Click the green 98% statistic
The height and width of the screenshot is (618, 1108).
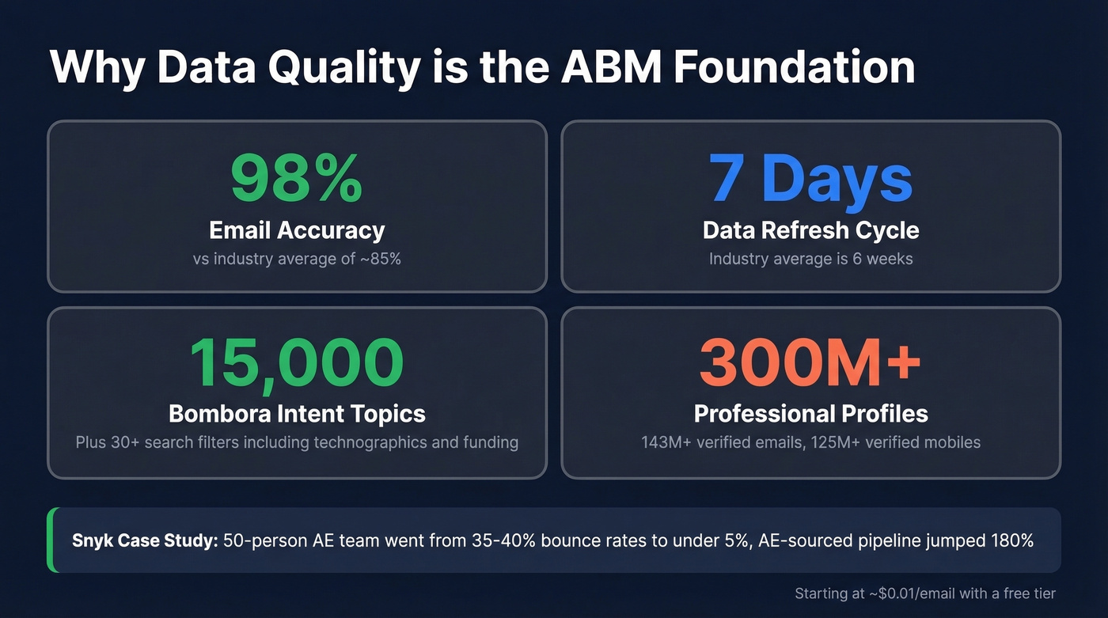pos(297,180)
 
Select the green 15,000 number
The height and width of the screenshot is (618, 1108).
pos(297,362)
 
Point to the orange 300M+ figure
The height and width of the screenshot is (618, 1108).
pos(810,362)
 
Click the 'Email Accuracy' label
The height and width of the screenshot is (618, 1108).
pos(297,230)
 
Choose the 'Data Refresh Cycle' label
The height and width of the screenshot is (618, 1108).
pos(810,230)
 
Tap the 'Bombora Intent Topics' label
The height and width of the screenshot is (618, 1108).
pos(297,413)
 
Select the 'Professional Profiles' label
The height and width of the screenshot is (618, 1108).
pos(810,413)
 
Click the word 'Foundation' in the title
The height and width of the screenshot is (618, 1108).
pos(795,67)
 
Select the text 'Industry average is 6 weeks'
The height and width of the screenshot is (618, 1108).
pos(810,259)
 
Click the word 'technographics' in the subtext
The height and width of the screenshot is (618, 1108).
pos(370,442)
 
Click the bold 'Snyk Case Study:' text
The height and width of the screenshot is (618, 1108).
pos(145,541)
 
